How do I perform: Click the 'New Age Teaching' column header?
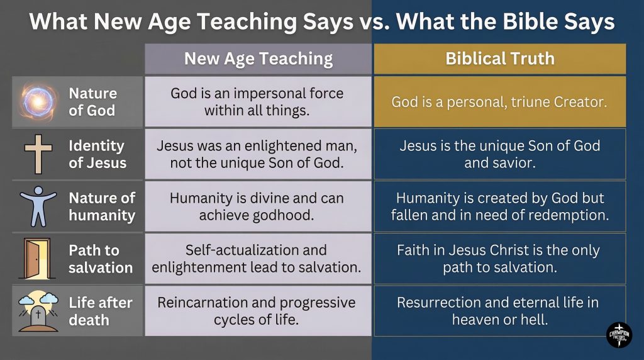(x=258, y=59)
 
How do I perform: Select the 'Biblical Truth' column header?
(x=500, y=59)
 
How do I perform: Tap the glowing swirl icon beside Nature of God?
(x=39, y=101)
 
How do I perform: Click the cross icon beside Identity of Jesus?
(x=38, y=154)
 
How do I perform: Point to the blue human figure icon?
(x=39, y=206)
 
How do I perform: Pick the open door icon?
(x=38, y=258)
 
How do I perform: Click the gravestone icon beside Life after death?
(x=39, y=311)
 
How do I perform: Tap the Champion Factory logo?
(x=619, y=335)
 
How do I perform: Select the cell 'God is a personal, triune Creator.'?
(x=500, y=101)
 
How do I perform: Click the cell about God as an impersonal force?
(x=258, y=101)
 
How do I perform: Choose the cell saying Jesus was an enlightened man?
(x=258, y=154)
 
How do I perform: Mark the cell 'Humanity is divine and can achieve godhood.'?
(x=258, y=206)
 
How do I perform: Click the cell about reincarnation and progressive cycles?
(x=258, y=311)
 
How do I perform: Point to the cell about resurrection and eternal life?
(x=500, y=311)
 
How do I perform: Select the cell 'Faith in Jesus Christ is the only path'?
(x=500, y=258)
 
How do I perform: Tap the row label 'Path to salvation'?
(x=101, y=258)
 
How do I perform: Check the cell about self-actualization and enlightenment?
(x=258, y=258)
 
